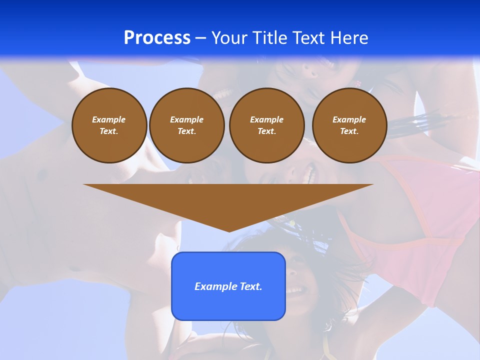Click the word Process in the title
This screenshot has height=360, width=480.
coord(157,38)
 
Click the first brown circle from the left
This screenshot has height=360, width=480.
coord(109,125)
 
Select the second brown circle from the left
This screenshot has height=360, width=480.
coord(187,125)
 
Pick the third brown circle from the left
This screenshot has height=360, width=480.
coord(267,125)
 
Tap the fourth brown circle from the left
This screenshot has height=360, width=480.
coord(349,125)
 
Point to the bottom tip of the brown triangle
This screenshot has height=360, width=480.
coord(229,230)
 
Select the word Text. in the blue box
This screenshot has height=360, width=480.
coord(251,286)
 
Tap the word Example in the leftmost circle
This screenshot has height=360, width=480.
coord(109,119)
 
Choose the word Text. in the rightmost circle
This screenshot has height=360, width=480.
coord(349,131)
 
